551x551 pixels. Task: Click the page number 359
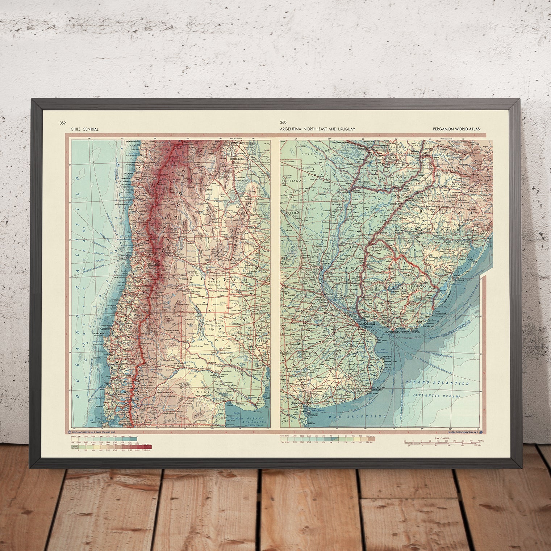(x=63, y=123)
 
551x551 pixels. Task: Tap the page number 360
(x=283, y=123)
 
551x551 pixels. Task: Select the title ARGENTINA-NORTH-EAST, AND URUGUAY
(x=317, y=129)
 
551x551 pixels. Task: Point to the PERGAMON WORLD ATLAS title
(x=456, y=129)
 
